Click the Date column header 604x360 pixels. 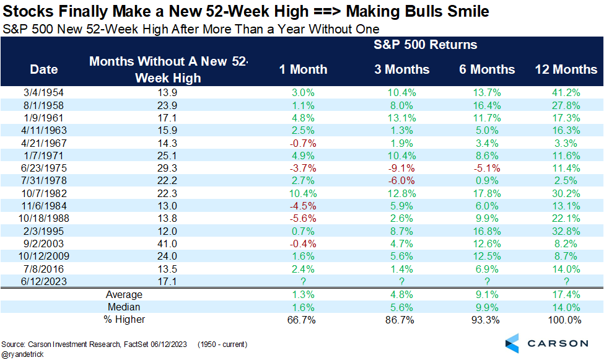(44, 69)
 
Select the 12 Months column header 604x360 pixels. (566, 69)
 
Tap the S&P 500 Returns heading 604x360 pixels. (425, 45)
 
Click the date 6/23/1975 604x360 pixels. (44, 169)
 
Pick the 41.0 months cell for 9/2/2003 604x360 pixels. (167, 244)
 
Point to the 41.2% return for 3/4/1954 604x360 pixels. (566, 93)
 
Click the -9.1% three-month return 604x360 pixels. (401, 169)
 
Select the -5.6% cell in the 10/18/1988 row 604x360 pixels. (303, 219)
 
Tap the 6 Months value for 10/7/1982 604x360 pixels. (487, 193)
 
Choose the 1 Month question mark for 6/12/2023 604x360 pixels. (303, 282)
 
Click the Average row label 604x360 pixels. (124, 295)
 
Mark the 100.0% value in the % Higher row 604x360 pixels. (565, 320)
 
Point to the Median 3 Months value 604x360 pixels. (402, 307)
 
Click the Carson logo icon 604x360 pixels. (512, 343)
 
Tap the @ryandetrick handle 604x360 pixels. (22, 354)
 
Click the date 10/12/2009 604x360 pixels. (44, 257)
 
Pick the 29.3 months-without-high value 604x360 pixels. (167, 169)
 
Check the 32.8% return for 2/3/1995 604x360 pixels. (566, 231)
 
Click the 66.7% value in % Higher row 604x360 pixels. (302, 320)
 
